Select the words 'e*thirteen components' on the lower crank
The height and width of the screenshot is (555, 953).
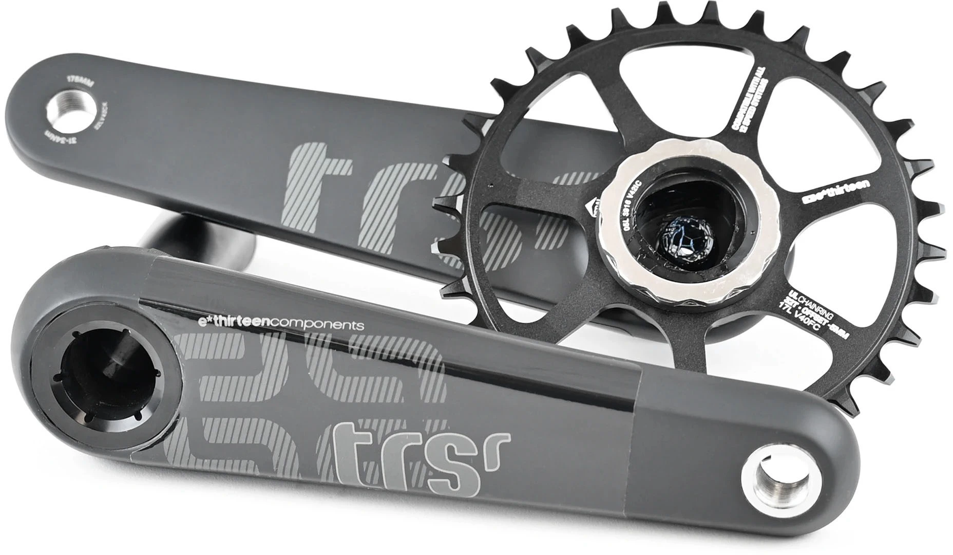[281, 324]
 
